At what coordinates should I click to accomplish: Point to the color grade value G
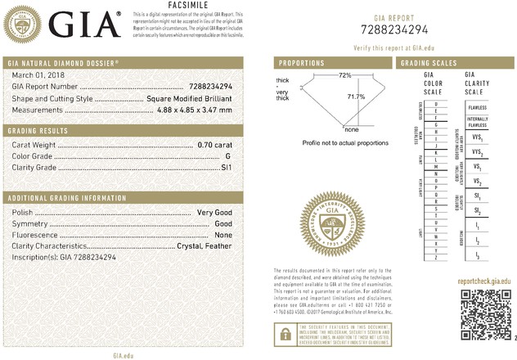(227, 155)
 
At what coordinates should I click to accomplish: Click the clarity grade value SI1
(224, 167)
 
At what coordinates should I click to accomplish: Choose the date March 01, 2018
(35, 75)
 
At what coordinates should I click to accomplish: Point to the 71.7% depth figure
(357, 97)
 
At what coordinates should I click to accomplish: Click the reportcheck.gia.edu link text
(483, 279)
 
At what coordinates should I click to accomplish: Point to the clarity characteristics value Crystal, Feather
(204, 245)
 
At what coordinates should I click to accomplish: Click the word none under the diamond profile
(352, 129)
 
